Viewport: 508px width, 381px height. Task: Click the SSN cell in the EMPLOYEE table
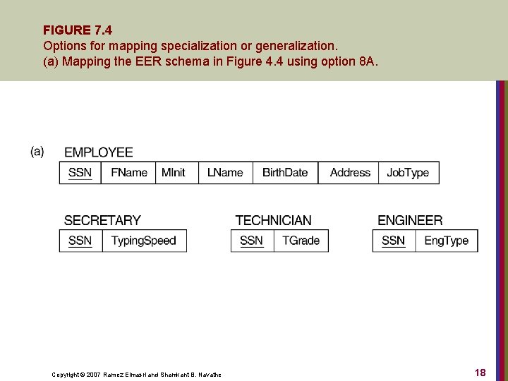(x=80, y=173)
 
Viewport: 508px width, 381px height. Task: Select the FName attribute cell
(x=128, y=173)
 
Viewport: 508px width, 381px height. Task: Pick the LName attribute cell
(x=225, y=173)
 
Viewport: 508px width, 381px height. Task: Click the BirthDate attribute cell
(x=285, y=173)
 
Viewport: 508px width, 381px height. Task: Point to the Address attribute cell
(x=349, y=173)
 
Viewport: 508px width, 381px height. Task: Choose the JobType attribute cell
(x=408, y=173)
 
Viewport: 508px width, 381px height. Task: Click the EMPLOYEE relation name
(x=98, y=152)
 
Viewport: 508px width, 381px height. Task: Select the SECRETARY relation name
(x=102, y=221)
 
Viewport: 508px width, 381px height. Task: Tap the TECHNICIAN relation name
(x=273, y=221)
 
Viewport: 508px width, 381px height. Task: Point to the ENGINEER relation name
(x=410, y=221)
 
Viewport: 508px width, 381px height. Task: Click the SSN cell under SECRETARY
(x=80, y=241)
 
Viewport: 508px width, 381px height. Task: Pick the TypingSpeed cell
(x=143, y=241)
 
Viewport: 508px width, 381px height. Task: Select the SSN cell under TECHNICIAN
(x=251, y=241)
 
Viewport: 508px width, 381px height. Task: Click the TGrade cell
(x=301, y=241)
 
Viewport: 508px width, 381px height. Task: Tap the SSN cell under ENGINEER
(x=393, y=241)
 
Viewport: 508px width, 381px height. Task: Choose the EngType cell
(x=446, y=241)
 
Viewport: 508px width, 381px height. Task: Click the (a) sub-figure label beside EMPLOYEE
(x=37, y=151)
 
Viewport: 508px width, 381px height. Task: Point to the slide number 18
(x=480, y=373)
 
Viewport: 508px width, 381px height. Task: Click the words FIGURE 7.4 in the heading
(x=78, y=30)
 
